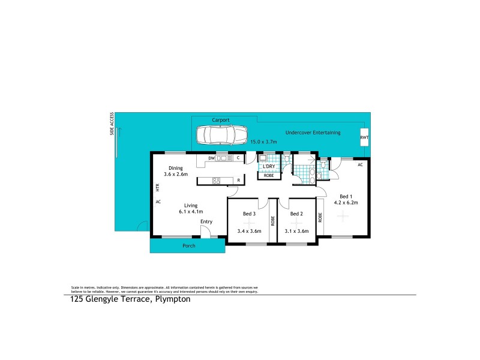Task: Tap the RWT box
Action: [x=364, y=137]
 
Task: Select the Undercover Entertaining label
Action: [x=313, y=133]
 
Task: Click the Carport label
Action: [x=220, y=120]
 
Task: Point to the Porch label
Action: [x=188, y=246]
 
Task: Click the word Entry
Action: [x=206, y=222]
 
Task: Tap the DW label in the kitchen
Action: [x=211, y=158]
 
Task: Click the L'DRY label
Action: [x=269, y=166]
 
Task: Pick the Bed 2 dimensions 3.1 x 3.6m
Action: [x=298, y=231]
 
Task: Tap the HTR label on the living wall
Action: [x=157, y=187]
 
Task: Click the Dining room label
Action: [x=175, y=168]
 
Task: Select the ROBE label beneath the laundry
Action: [x=268, y=176]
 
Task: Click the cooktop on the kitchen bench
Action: [x=216, y=180]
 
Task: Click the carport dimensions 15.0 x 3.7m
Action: [x=263, y=142]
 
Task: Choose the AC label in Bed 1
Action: [x=360, y=164]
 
